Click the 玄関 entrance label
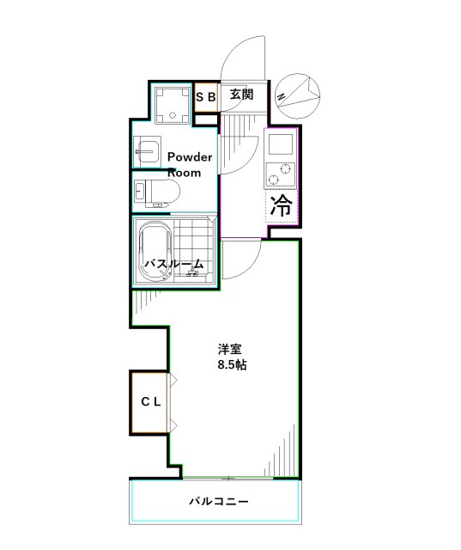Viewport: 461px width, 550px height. click(241, 95)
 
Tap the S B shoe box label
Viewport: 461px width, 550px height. click(205, 97)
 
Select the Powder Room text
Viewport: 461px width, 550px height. click(189, 164)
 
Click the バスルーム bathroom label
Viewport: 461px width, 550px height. click(173, 265)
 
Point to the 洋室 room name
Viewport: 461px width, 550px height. click(229, 350)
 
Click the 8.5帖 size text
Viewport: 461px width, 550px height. click(231, 365)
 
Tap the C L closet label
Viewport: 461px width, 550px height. click(151, 401)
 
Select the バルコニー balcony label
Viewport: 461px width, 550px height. click(219, 502)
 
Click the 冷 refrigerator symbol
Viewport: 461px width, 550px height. click(281, 205)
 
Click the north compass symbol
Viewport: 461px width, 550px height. click(297, 92)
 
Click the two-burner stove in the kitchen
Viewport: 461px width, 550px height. click(280, 172)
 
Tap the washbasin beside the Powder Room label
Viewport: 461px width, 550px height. click(148, 151)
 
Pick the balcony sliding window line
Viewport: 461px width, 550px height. click(229, 477)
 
